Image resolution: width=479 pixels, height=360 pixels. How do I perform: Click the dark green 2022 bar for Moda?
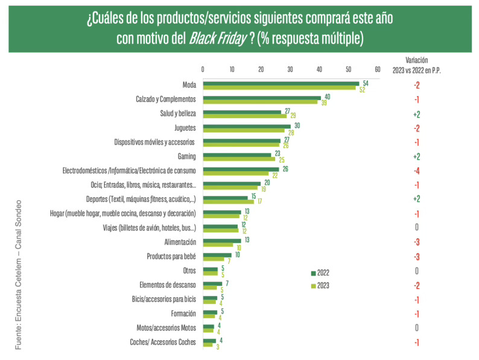pos(281,83)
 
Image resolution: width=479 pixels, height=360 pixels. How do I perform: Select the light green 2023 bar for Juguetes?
pos(243,131)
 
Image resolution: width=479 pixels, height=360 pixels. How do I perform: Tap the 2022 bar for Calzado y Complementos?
pos(261,97)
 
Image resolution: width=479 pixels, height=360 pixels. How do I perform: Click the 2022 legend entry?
pos(320,273)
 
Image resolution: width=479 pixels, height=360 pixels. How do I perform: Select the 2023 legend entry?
pos(320,285)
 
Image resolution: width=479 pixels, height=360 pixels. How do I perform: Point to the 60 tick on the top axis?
pos(377,69)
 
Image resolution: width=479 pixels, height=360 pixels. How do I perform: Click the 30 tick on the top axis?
pos(290,69)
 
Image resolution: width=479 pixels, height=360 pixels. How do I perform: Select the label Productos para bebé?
pos(171,256)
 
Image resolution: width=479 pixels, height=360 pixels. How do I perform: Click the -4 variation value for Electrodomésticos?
pos(416,171)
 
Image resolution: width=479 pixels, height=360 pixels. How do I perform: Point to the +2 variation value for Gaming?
pos(416,156)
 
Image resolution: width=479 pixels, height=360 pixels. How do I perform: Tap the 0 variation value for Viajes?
pos(416,227)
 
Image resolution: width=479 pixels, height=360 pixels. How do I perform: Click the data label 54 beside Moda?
pos(365,83)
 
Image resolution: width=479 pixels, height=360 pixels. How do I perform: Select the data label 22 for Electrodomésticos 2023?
pos(274,175)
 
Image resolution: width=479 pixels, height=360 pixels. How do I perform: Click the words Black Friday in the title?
pos(217,39)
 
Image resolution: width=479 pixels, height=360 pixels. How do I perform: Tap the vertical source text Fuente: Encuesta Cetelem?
pos(18,274)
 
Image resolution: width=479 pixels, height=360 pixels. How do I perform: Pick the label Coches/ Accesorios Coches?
pos(164,343)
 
